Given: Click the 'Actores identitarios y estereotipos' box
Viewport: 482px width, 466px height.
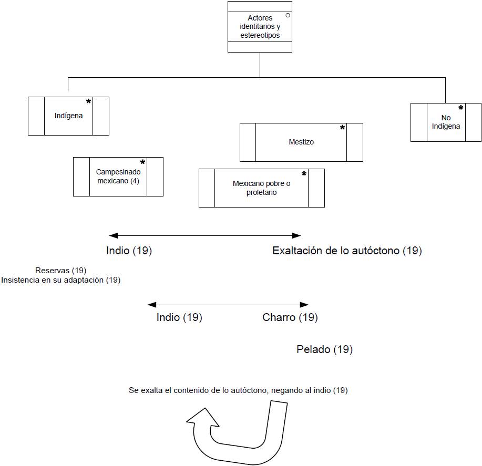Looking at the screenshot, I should [260, 27].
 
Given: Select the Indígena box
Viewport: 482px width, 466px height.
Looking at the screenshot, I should [68, 116].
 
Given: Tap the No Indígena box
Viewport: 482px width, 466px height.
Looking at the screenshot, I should [446, 122].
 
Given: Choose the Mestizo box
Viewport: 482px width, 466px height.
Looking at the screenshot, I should [301, 142].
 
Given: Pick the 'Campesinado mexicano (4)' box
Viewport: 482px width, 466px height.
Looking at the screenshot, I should [118, 177].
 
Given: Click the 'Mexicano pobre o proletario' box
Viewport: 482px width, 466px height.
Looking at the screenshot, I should [261, 188].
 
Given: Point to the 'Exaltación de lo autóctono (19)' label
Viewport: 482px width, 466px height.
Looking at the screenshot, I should [347, 251].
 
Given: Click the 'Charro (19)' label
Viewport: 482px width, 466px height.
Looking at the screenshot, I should [290, 317].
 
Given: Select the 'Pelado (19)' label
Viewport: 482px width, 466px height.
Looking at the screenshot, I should [324, 349].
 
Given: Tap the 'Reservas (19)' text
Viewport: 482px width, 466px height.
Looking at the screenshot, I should [61, 271].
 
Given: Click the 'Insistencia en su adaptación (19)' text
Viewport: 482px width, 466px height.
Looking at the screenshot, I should [61, 280].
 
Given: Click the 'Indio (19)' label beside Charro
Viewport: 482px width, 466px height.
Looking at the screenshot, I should [179, 317].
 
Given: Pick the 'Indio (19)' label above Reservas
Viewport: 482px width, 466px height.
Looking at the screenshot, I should [129, 251].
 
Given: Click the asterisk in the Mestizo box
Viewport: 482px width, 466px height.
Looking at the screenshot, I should [342, 128].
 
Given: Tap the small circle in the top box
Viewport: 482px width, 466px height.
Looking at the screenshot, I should [288, 16].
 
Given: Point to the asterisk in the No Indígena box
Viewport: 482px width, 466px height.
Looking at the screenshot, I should [460, 108].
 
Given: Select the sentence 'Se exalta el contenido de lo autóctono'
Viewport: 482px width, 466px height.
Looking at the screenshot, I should [238, 390].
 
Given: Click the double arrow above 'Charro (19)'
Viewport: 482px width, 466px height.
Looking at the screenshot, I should [228, 304].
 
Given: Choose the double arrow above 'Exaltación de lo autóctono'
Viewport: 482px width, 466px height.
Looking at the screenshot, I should [205, 235].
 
